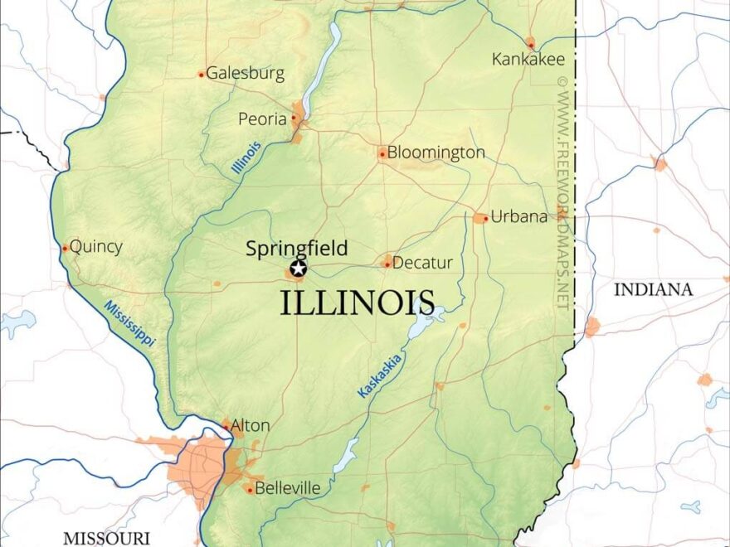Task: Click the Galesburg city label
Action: click(245, 73)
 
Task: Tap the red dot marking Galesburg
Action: click(201, 75)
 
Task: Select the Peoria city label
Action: click(262, 119)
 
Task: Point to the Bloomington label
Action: click(436, 152)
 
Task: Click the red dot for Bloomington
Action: click(382, 153)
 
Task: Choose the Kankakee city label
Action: click(528, 59)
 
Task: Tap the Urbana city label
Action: click(519, 217)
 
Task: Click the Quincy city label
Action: click(96, 246)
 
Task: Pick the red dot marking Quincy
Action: click(65, 248)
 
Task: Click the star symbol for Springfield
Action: click(298, 268)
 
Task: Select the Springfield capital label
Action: click(296, 248)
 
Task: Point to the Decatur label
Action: click(422, 264)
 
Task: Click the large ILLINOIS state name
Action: click(358, 303)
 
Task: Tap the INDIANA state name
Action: click(653, 289)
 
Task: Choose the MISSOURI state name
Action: click(106, 538)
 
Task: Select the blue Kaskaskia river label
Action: click(380, 375)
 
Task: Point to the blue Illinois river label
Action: click(246, 157)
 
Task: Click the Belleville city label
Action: click(287, 489)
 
